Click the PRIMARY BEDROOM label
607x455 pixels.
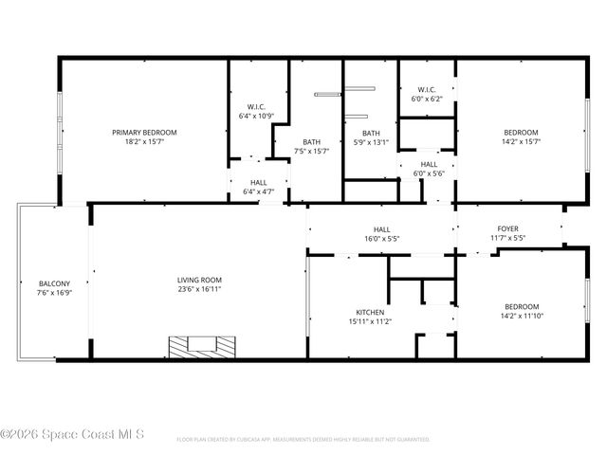point(144,133)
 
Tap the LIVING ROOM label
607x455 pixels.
point(199,280)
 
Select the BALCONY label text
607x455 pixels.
point(54,283)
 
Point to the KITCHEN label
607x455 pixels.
point(370,312)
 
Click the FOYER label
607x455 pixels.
point(507,228)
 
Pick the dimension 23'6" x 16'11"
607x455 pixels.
point(199,291)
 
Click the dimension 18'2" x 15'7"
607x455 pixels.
point(144,143)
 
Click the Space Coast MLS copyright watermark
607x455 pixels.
point(72,435)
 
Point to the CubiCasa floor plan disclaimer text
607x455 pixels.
point(303,440)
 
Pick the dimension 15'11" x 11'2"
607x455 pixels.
point(370,322)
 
